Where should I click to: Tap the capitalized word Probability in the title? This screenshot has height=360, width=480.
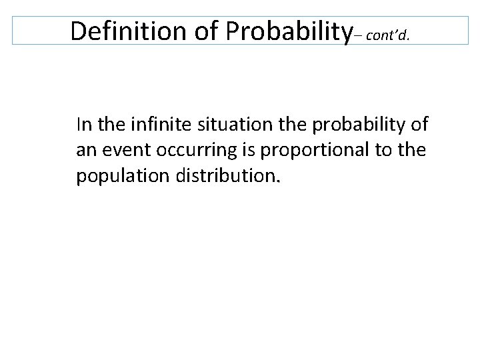287,30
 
